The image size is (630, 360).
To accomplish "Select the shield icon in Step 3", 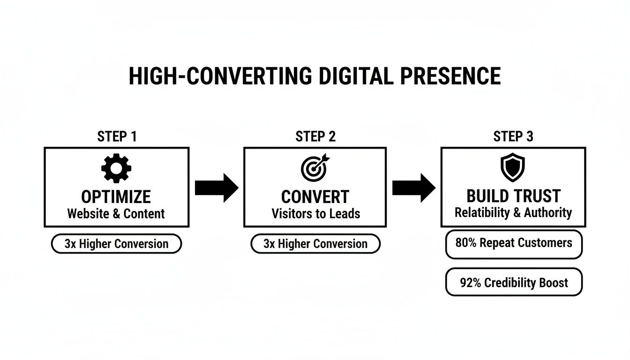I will (513, 167).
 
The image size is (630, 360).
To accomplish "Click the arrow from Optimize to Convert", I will (216, 187).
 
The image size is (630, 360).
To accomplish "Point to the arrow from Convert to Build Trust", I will (413, 187).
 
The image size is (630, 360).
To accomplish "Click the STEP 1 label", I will (117, 136).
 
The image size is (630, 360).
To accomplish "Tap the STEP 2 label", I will (315, 136).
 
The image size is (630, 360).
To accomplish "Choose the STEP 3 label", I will (513, 136).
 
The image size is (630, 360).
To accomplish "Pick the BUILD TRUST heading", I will (513, 196).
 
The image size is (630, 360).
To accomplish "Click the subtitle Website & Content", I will (116, 214).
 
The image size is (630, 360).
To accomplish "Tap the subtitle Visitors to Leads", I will (315, 214).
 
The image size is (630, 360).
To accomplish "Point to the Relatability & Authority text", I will (513, 212).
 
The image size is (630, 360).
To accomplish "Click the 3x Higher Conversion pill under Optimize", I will (116, 244).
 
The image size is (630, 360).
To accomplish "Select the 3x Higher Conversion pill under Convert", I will (315, 244).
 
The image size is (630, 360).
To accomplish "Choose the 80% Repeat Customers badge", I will (514, 243).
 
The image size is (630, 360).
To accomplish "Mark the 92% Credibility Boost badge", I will (514, 283).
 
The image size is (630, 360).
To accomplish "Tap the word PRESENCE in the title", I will (450, 76).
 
